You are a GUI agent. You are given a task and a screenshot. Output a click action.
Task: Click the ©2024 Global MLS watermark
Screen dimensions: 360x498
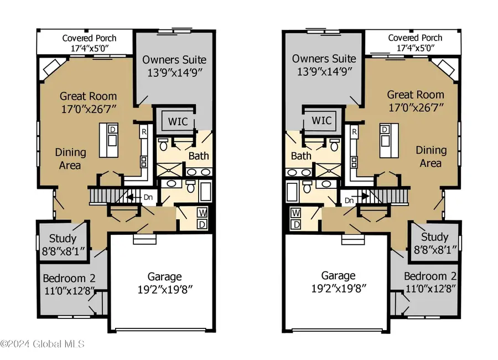coord(43,344)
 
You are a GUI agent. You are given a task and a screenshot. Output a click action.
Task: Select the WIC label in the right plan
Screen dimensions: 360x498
coord(321,120)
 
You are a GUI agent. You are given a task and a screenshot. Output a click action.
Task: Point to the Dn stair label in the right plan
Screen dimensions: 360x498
coord(349,200)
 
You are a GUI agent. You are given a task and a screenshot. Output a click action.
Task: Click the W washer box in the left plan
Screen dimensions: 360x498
coord(202,213)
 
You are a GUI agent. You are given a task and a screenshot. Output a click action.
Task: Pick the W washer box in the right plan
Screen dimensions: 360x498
coord(296,213)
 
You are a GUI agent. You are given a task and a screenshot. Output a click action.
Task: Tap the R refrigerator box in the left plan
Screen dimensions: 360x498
coord(143,132)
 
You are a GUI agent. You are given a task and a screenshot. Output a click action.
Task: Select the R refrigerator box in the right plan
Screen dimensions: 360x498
coord(354,132)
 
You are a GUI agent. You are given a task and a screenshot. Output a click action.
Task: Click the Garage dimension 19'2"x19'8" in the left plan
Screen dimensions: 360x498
coord(164,289)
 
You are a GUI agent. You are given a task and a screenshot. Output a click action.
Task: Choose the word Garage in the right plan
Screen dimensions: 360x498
coord(339,275)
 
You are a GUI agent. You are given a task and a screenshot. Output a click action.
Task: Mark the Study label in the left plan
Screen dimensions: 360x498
coord(63,239)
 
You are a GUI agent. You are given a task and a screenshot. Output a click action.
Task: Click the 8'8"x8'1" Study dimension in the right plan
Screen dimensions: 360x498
coord(435,251)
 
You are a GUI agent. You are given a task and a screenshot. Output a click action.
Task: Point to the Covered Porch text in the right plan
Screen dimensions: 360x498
coord(415,38)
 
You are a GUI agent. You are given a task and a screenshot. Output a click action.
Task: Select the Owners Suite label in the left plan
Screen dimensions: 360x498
coord(174,59)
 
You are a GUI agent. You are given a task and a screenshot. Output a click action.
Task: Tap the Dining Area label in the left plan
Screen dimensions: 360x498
coord(70,158)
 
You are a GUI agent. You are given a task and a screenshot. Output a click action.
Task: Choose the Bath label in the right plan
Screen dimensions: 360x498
coord(302,156)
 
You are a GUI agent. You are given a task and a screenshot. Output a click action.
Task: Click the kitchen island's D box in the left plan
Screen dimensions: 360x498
coord(112,129)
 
